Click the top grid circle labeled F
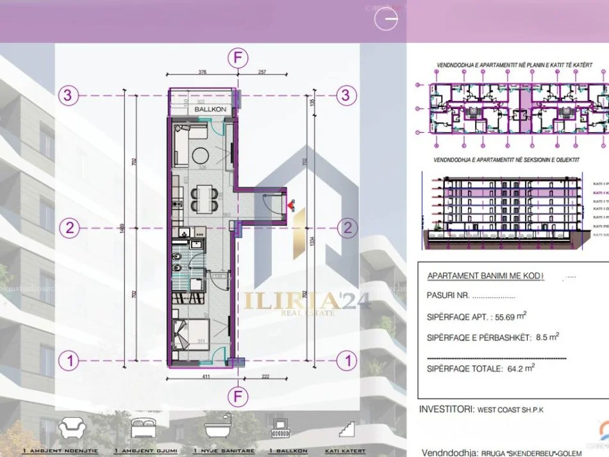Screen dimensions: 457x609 (237, 58)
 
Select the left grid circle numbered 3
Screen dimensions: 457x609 (69, 96)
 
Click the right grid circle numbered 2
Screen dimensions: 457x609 (347, 228)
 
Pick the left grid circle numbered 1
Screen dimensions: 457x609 (69, 361)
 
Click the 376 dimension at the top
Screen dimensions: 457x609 (203, 72)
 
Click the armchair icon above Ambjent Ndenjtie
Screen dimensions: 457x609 (70, 427)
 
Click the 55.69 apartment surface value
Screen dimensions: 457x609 (503, 316)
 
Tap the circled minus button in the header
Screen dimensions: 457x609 (387, 19)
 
